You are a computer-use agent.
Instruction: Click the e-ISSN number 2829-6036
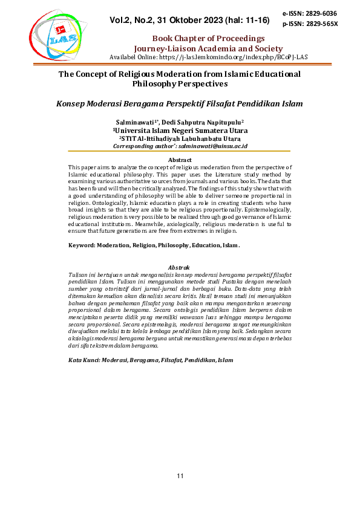coord(321,13)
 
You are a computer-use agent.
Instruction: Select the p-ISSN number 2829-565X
coord(321,24)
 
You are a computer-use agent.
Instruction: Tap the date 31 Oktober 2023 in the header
coord(189,21)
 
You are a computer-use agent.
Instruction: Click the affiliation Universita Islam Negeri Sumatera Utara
coord(181,130)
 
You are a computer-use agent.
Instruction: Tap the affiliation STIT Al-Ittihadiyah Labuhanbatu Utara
coord(180,138)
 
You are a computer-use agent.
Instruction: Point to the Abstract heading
coord(179,160)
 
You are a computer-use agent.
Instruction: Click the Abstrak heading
coord(179,267)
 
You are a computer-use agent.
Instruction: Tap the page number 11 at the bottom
coord(180,477)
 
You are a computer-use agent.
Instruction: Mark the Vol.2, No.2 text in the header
coord(134,21)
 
